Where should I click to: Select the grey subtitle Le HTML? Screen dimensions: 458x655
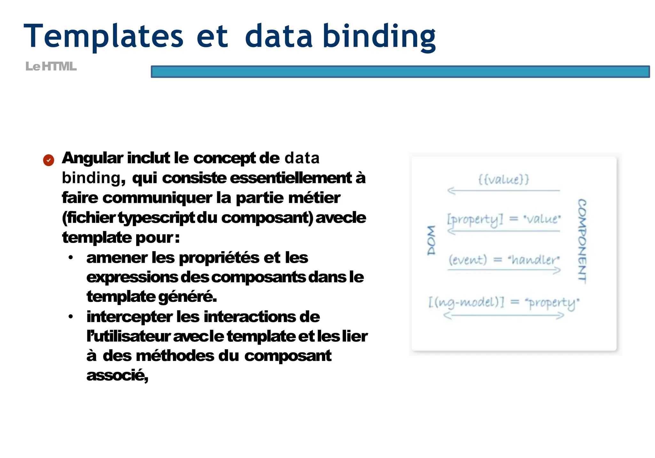51,67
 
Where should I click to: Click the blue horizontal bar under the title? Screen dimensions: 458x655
400,72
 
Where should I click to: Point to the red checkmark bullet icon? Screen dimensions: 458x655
49,160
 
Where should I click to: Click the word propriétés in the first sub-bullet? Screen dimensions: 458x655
219,258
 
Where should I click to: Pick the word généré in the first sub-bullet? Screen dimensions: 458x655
187,297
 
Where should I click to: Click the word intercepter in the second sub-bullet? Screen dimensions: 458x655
129,317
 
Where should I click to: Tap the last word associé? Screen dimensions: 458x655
117,375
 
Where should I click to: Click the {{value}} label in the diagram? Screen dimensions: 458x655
503,179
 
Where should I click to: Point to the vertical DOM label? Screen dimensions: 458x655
431,240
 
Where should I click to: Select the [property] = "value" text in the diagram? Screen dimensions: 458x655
503,220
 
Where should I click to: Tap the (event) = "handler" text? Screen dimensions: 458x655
504,260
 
